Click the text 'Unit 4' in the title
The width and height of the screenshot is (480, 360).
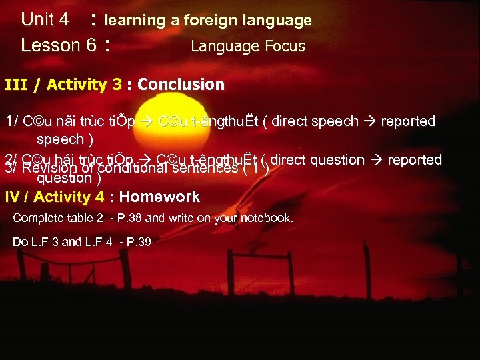pyautogui.click(x=45, y=19)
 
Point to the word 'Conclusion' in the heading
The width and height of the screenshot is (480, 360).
pyautogui.click(x=181, y=85)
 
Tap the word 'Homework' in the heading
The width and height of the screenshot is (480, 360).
pyautogui.click(x=159, y=197)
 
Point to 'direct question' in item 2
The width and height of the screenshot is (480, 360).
pyautogui.click(x=318, y=160)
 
